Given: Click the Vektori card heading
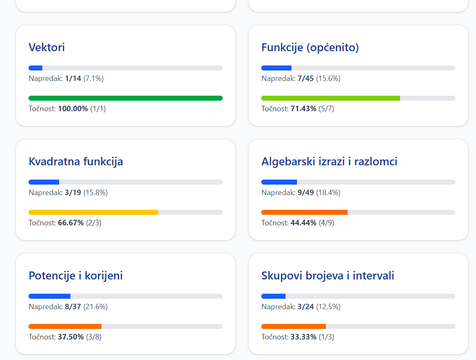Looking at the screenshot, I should click(47, 47).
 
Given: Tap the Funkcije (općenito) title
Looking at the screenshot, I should click(310, 48).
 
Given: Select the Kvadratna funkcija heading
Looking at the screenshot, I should click(75, 162).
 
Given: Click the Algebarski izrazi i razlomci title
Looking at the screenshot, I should click(329, 162).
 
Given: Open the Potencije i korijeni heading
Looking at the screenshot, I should click(75, 276).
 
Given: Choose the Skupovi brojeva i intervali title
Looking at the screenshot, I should click(328, 276).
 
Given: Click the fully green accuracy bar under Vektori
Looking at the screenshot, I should click(125, 98).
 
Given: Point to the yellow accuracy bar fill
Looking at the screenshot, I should click(93, 212).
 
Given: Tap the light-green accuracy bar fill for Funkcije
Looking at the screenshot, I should click(330, 98).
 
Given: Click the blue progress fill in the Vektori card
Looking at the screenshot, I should click(36, 68).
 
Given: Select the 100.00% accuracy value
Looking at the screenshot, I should click(73, 109).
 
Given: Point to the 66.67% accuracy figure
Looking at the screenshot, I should click(70, 223).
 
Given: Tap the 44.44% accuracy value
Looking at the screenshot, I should click(304, 223).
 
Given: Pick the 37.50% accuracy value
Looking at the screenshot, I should click(70, 337).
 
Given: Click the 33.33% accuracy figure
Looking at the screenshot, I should click(304, 337).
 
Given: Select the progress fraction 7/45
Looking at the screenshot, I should click(306, 78).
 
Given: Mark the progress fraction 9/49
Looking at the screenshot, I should click(306, 193).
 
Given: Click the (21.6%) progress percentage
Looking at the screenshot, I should click(96, 307).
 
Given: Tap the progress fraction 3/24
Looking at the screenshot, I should click(306, 307).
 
